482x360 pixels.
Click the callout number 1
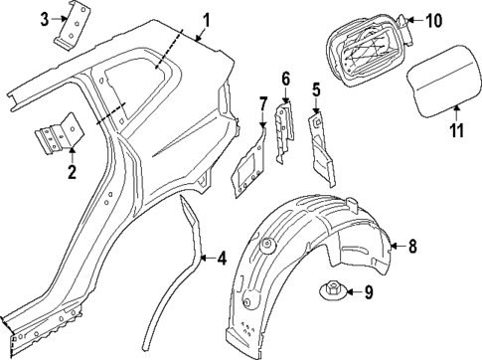(x=206, y=18)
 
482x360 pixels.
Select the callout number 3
(x=45, y=20)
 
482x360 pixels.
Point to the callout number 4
(x=221, y=259)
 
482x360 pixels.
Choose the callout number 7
(x=263, y=102)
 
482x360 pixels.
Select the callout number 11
(x=456, y=128)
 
